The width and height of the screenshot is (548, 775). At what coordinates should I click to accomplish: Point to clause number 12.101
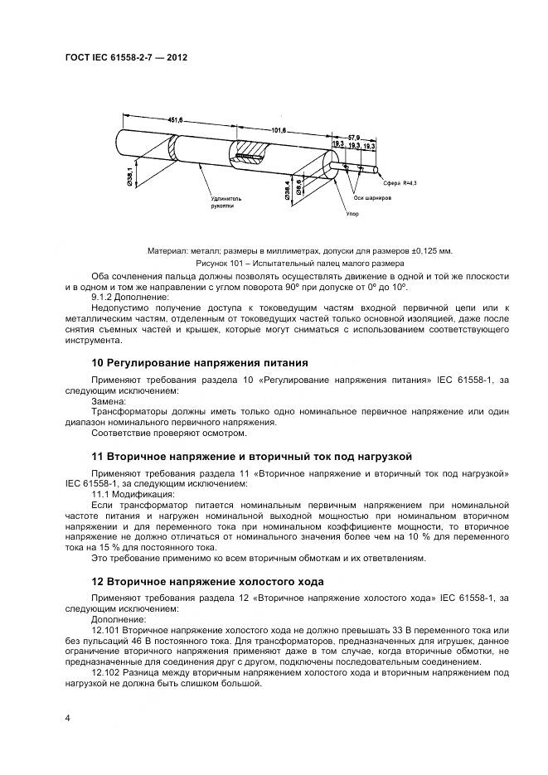(x=106, y=631)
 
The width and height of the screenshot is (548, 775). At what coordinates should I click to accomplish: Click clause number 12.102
(x=106, y=674)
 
